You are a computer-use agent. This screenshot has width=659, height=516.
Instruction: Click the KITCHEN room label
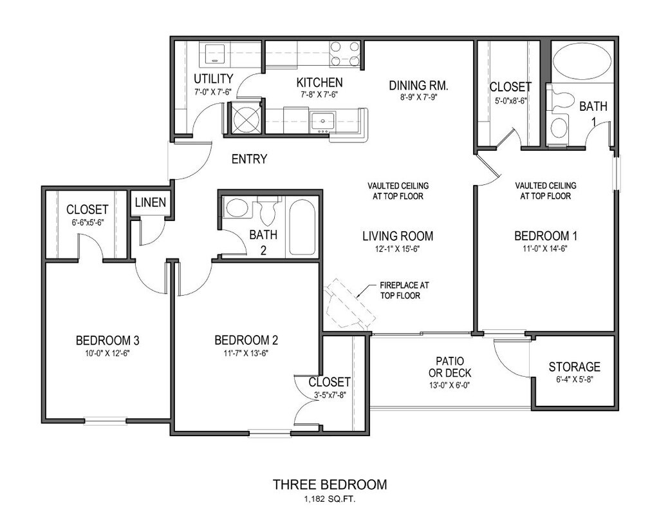click(x=319, y=82)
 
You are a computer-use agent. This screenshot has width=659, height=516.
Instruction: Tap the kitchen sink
click(x=321, y=120)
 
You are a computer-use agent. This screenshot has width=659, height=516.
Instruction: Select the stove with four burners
click(x=344, y=54)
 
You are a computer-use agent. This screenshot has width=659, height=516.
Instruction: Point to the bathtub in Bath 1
click(x=582, y=65)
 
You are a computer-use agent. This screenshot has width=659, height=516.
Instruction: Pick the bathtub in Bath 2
click(x=301, y=227)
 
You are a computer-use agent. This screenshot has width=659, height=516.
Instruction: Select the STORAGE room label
click(x=574, y=367)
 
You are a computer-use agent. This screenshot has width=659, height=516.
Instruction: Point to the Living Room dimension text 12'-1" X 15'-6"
click(x=397, y=248)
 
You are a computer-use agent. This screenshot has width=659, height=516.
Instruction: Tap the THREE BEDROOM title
click(x=329, y=484)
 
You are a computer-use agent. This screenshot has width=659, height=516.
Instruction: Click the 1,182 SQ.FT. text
click(x=329, y=499)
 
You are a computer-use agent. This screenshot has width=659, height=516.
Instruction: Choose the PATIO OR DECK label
click(x=449, y=367)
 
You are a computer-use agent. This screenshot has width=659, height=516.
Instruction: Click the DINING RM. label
click(x=418, y=85)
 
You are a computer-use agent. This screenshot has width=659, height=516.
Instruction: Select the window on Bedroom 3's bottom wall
click(x=106, y=422)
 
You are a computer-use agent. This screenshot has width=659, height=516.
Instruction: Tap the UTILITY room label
click(x=213, y=79)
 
